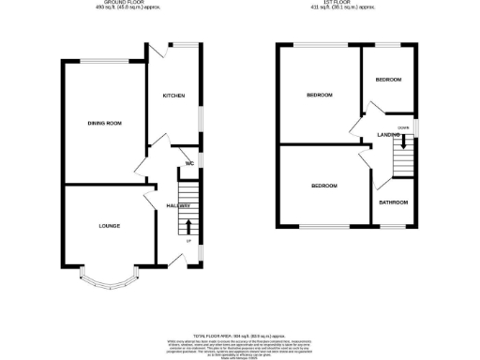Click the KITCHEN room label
point(174,96)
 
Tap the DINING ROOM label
point(105,123)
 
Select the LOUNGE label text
point(109,226)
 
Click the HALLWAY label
point(178,205)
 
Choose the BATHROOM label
point(393,202)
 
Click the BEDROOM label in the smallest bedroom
point(388,80)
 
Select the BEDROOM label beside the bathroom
point(324,186)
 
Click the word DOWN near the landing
point(402,127)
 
